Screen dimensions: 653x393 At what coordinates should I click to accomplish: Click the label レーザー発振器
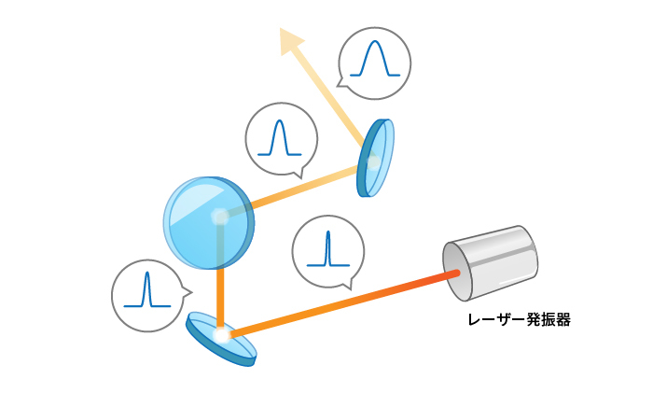point(519,319)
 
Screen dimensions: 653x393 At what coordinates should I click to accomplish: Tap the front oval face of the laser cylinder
point(457,272)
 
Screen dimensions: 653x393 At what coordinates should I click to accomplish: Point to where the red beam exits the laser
point(457,273)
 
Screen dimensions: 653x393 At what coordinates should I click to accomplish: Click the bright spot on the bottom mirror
point(222,334)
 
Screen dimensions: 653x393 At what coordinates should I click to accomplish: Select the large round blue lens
point(209,222)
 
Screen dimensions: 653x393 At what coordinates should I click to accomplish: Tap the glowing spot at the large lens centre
point(219,217)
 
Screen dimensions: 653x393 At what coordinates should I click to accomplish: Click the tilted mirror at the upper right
point(376,158)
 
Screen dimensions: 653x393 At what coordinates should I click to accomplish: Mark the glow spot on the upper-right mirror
point(373,162)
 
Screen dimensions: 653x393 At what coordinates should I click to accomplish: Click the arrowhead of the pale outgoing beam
point(290,39)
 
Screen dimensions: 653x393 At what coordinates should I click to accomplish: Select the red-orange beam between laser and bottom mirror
point(343,303)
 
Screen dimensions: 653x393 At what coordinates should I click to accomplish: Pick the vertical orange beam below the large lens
point(220,298)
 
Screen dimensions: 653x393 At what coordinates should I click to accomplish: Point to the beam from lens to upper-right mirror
point(305,186)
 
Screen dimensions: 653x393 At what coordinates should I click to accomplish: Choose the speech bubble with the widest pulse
point(374,63)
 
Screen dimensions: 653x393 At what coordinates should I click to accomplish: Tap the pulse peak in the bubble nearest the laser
point(328,232)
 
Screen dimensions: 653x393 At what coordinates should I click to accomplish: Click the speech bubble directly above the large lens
point(282,140)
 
